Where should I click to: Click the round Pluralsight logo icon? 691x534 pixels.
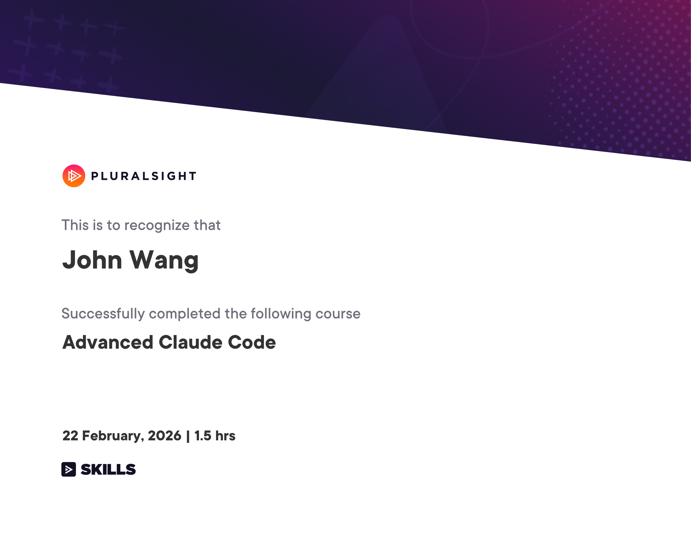point(74,176)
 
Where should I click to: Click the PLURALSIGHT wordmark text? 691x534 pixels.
point(144,176)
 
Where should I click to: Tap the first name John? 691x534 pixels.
point(92,260)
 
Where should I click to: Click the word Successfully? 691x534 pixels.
point(103,314)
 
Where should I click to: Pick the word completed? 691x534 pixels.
point(184,314)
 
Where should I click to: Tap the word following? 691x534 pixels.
point(281,314)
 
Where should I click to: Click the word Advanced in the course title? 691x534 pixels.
point(108,342)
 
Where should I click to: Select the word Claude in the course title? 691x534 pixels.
point(190,342)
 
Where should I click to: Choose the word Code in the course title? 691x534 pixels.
point(252,342)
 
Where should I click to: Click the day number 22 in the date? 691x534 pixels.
point(70,436)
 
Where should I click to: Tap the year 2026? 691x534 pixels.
point(164,436)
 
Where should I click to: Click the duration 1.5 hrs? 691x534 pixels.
point(215,436)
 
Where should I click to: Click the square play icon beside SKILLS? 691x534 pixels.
point(69,469)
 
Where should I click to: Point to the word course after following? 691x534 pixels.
point(338,314)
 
